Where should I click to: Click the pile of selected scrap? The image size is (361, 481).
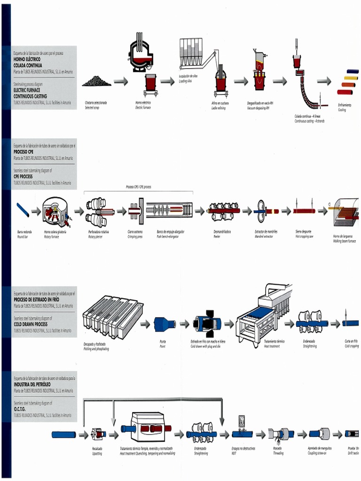point(96,81)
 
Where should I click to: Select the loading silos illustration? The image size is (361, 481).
point(192,54)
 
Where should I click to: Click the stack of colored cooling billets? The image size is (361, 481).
point(347,82)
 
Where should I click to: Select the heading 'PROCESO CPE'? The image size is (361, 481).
point(24,152)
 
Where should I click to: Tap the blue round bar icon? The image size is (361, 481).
point(23,210)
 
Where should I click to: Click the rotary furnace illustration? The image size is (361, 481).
point(55,212)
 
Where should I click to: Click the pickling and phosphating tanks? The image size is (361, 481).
point(112,317)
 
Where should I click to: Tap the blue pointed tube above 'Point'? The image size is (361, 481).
point(165,324)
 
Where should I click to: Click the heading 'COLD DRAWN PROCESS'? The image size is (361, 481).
point(31,324)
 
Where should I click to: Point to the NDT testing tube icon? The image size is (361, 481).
point(243,433)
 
